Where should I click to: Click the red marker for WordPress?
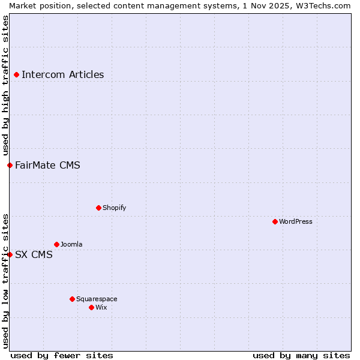(x=275, y=221)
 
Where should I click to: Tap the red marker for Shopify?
(x=98, y=208)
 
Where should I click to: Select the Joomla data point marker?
(x=56, y=244)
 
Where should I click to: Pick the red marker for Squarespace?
(x=72, y=299)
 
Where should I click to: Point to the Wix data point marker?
(x=91, y=307)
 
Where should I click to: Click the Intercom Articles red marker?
(x=16, y=74)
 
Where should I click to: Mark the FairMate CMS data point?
(x=10, y=165)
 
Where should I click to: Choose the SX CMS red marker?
(x=10, y=254)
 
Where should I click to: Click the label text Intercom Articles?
(x=62, y=75)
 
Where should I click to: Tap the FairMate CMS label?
(x=47, y=166)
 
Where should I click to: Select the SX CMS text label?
(x=34, y=255)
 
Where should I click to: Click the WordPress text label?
(x=296, y=222)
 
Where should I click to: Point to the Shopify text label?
(x=114, y=208)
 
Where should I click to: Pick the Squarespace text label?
(x=97, y=299)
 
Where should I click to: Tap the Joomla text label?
(x=71, y=245)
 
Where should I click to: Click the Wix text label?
(x=101, y=308)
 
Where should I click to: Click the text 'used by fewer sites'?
(x=62, y=355)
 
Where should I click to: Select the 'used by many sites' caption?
(x=301, y=355)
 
